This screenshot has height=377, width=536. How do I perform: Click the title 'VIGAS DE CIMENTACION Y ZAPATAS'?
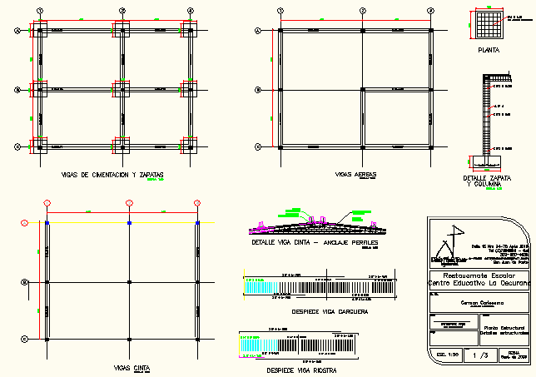point(112,174)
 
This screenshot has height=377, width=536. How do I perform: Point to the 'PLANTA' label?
point(489,51)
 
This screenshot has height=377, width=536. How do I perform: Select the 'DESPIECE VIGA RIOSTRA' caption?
point(297,369)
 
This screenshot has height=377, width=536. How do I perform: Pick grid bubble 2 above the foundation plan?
point(122,10)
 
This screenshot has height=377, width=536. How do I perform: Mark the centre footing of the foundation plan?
point(122,89)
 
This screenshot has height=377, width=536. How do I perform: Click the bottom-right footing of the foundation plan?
point(191,146)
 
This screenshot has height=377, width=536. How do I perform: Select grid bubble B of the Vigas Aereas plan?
point(257,89)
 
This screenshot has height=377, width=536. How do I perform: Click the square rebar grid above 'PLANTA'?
point(489,23)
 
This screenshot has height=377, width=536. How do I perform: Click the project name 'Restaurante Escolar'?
point(478,275)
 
